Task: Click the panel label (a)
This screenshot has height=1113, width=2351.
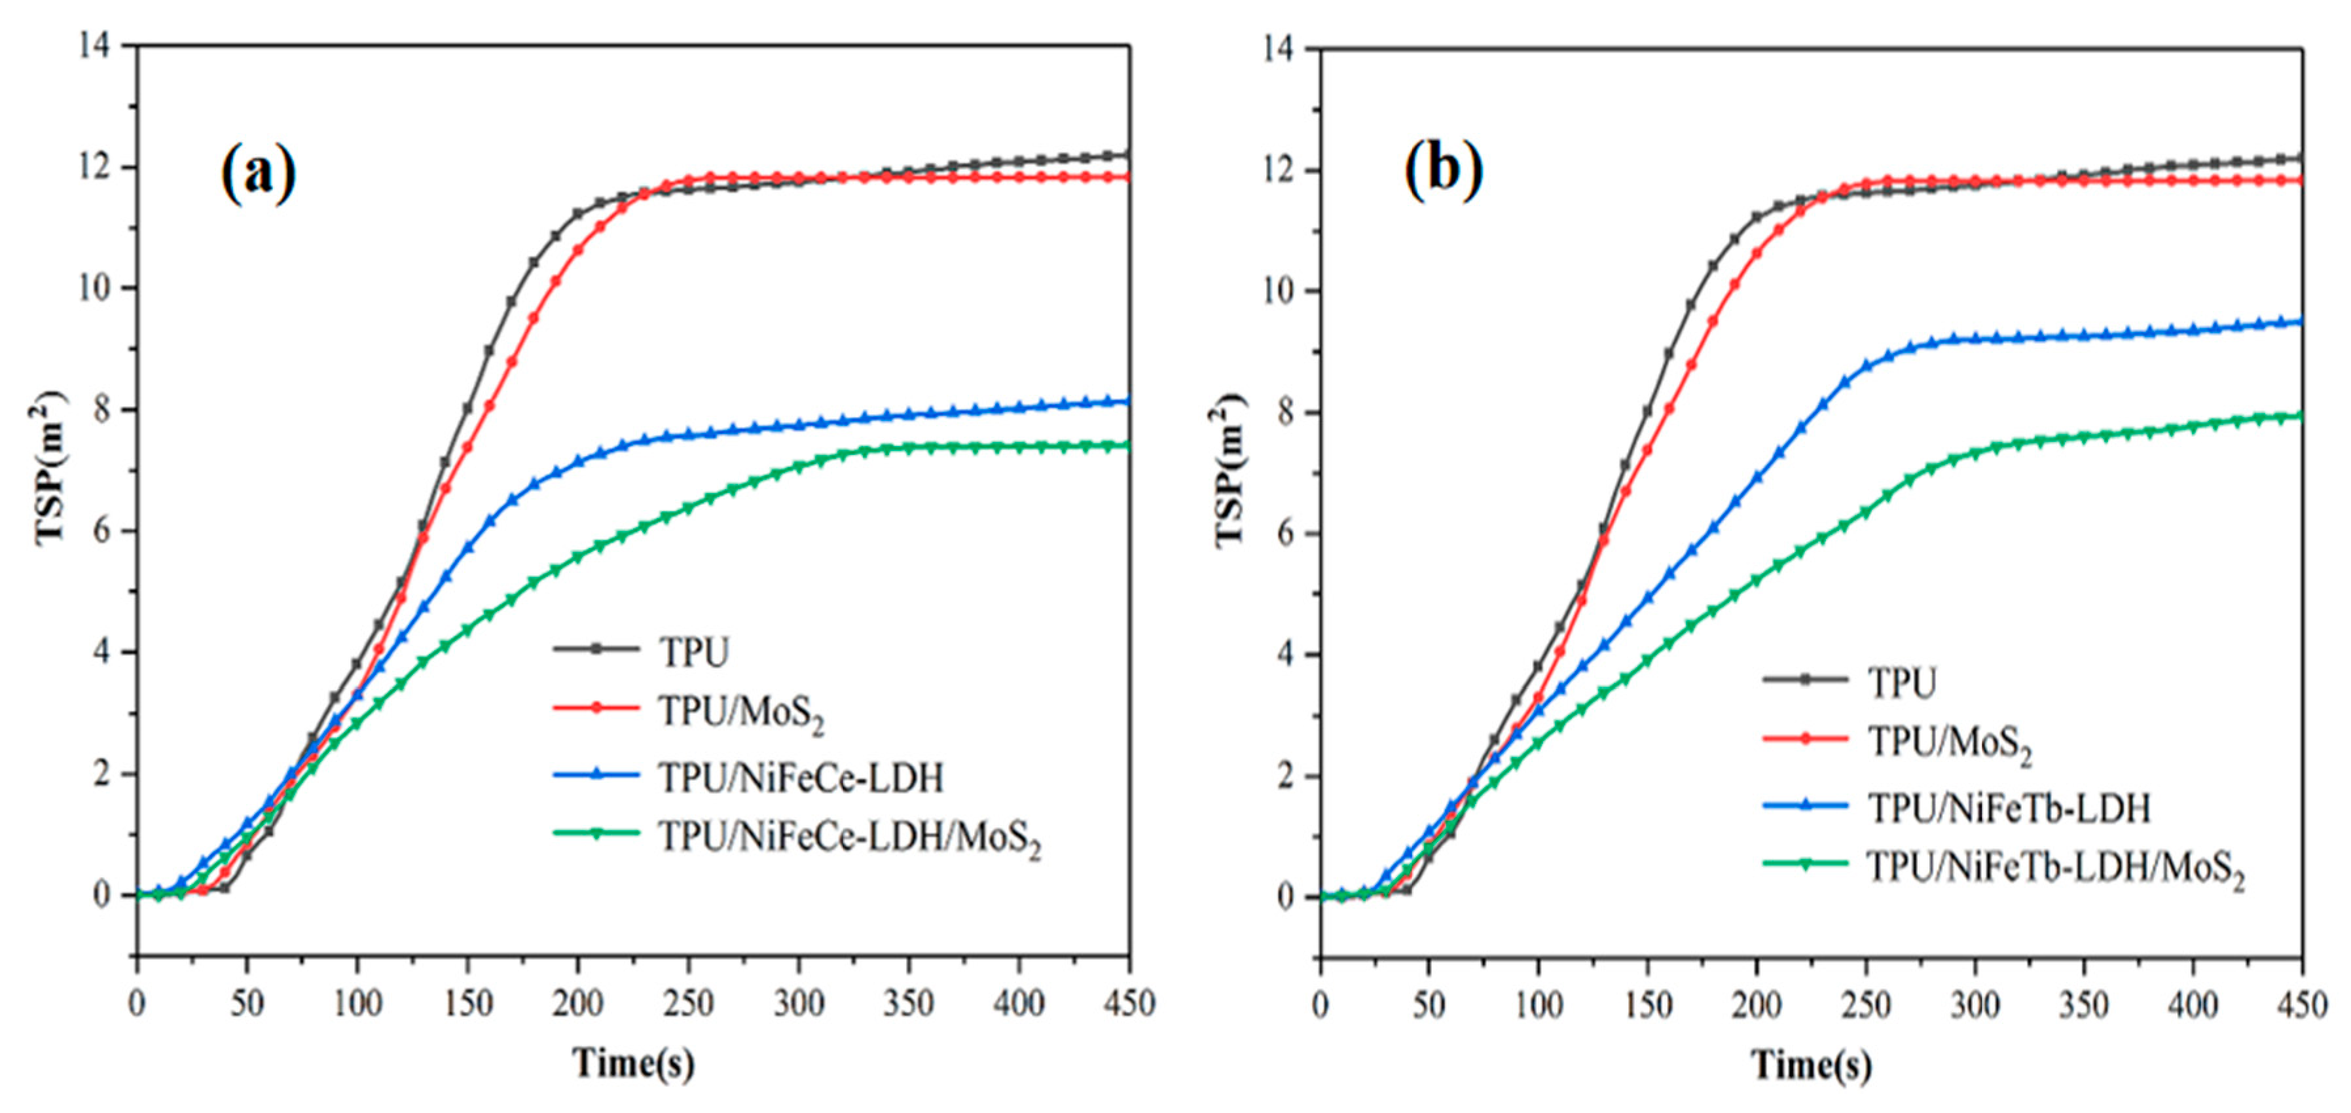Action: point(259,173)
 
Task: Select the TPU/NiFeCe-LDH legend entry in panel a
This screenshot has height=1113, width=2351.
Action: point(801,778)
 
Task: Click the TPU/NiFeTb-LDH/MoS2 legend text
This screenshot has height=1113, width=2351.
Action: point(2055,869)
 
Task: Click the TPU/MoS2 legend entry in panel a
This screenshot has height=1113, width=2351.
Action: point(741,712)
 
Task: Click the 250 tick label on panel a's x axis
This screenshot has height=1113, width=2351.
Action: point(688,1004)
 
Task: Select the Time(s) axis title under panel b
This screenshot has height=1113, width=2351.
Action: point(1811,1065)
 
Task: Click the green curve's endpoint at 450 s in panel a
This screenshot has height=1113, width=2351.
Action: point(1128,446)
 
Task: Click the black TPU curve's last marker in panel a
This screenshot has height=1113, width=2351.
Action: point(1128,155)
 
